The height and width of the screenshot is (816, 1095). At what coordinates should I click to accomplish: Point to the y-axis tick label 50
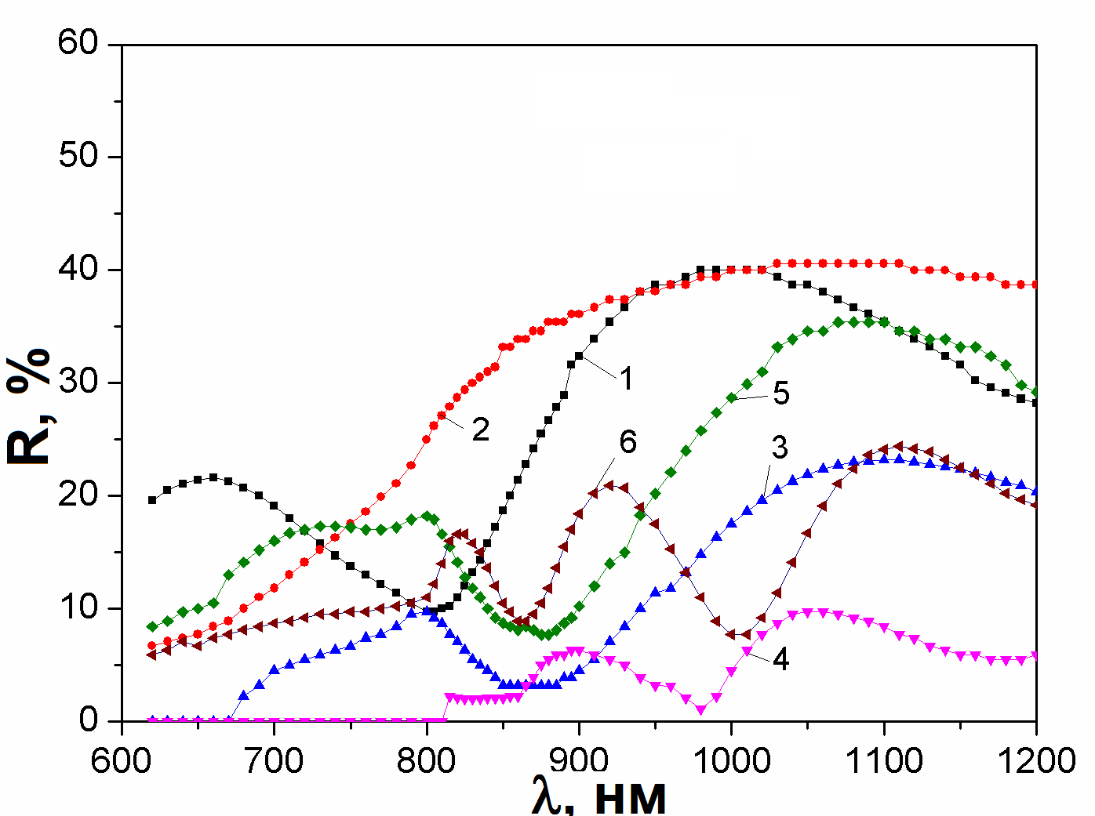click(78, 155)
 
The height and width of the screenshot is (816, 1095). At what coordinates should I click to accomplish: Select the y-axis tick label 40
click(78, 268)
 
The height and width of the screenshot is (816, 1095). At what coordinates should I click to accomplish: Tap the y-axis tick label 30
click(78, 382)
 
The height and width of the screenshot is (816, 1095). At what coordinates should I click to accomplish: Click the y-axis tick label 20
click(78, 495)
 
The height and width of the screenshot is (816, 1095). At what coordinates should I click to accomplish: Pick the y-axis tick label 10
click(78, 607)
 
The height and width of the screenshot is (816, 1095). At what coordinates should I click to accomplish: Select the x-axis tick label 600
click(122, 760)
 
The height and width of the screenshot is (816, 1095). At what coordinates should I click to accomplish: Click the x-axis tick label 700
click(274, 760)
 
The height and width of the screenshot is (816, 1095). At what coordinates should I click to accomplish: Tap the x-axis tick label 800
click(427, 760)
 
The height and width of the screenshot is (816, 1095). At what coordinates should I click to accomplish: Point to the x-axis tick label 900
click(579, 760)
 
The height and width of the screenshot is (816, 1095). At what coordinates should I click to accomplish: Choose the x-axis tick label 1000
click(731, 760)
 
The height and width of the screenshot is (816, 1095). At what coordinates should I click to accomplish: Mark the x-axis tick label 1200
click(1037, 760)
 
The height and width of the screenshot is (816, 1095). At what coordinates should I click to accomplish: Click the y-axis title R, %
click(29, 408)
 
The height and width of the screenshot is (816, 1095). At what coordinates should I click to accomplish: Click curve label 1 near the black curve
click(626, 379)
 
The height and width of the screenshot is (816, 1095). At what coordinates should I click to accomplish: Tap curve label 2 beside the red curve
click(480, 429)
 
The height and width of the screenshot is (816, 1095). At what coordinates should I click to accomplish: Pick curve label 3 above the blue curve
click(779, 448)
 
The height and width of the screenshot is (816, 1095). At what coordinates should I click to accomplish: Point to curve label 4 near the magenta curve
click(780, 659)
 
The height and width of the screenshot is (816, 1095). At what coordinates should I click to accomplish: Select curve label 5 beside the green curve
click(780, 393)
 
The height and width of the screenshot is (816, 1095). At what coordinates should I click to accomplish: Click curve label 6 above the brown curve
click(628, 442)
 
